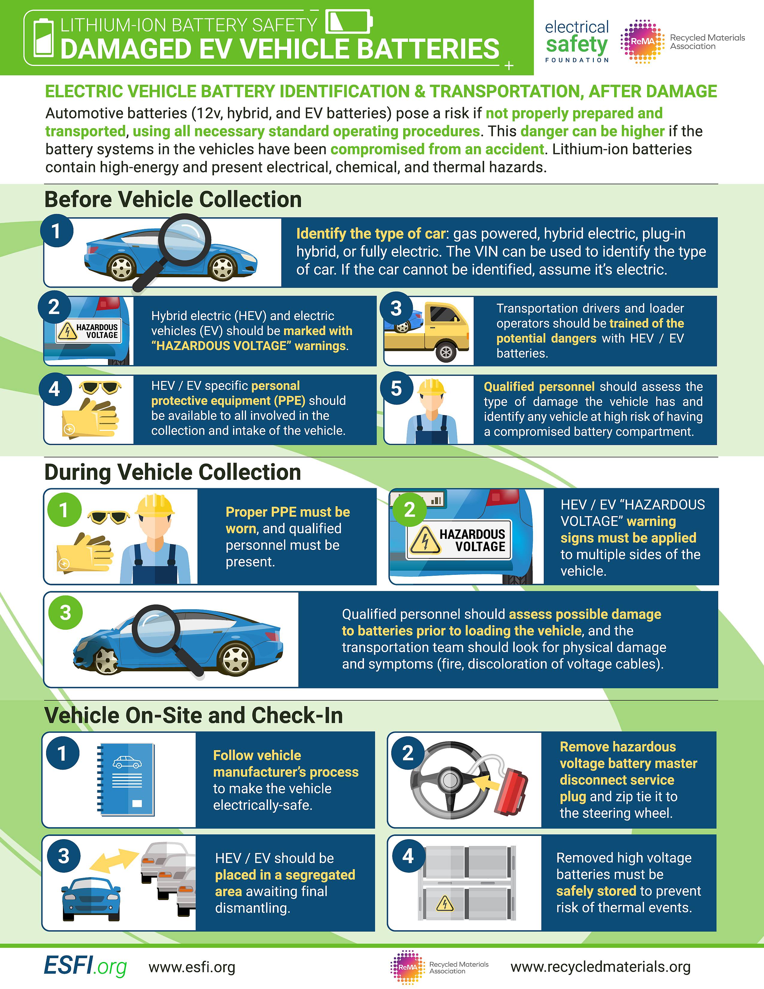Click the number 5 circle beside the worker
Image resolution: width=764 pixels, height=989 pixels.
[396, 388]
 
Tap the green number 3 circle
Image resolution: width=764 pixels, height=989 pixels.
[66, 613]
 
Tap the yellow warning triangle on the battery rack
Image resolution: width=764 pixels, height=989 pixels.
[445, 904]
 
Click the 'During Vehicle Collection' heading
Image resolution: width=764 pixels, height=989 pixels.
[173, 472]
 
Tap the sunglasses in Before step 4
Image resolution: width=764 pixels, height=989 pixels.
[100, 388]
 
